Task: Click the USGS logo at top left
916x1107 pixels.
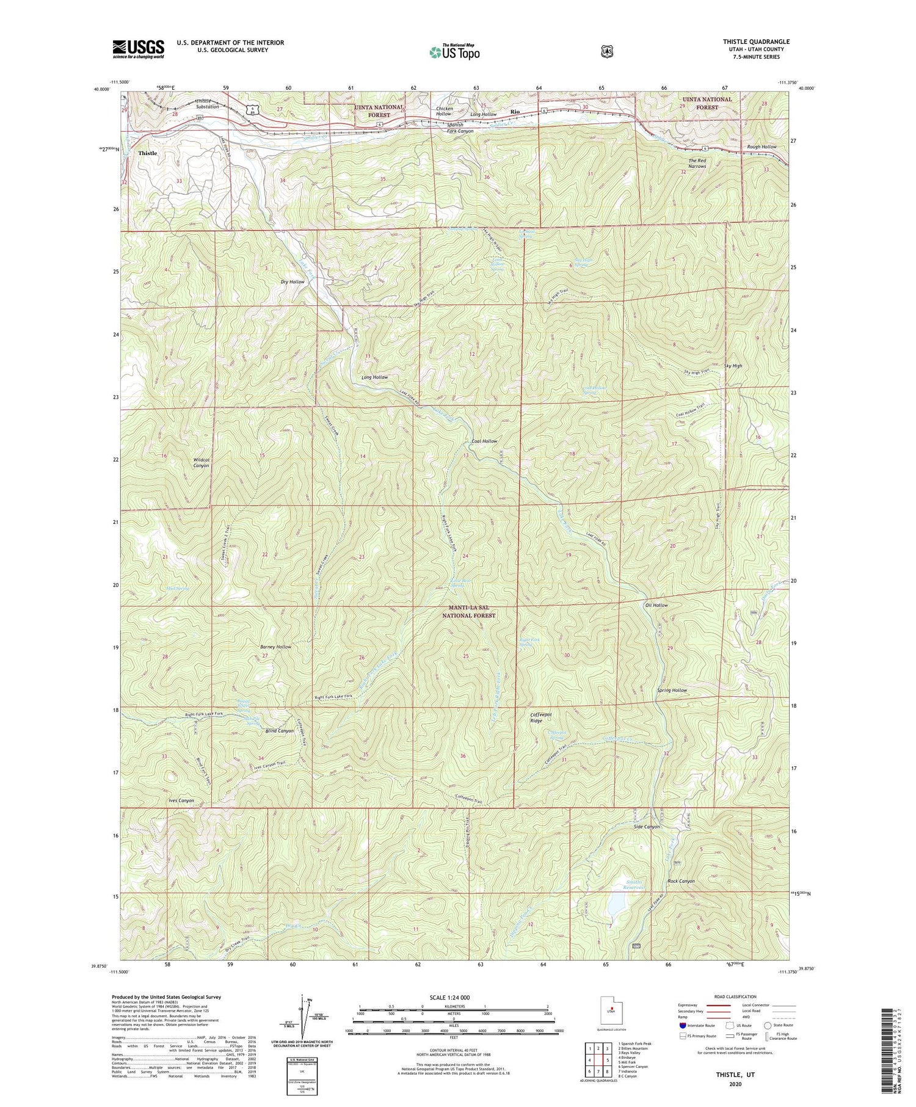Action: [138, 49]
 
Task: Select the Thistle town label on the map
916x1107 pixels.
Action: [147, 153]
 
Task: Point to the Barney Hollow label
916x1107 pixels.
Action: [277, 647]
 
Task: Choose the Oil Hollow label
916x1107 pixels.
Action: [656, 605]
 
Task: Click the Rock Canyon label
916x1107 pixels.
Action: [681, 881]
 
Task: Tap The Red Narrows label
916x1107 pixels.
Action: [697, 163]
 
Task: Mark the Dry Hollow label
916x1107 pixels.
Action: [292, 281]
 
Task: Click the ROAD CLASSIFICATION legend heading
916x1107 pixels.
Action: [732, 996]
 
